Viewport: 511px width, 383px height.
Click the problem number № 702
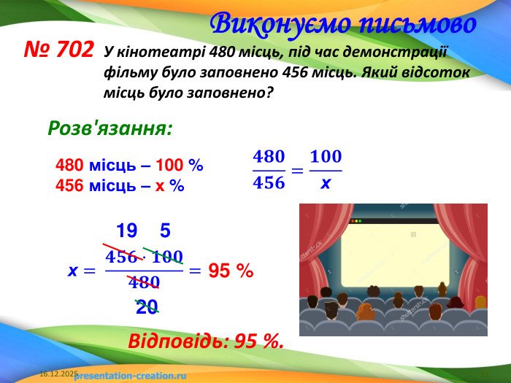(59, 50)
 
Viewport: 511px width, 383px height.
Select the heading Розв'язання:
(109, 128)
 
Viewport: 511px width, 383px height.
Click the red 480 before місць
(69, 166)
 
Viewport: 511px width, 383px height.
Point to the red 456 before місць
(69, 185)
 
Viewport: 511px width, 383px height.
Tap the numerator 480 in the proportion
(268, 157)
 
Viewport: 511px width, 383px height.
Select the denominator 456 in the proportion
(268, 183)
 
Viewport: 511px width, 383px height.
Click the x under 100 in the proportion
(326, 184)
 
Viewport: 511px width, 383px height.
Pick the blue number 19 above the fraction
(126, 231)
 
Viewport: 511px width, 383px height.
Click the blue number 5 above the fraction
(165, 231)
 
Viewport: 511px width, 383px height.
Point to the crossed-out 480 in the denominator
(144, 282)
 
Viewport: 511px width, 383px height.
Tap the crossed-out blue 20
(147, 307)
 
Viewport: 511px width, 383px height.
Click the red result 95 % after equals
(231, 271)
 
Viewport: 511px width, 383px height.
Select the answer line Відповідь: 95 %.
(205, 341)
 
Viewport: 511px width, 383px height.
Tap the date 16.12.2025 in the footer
(58, 374)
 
